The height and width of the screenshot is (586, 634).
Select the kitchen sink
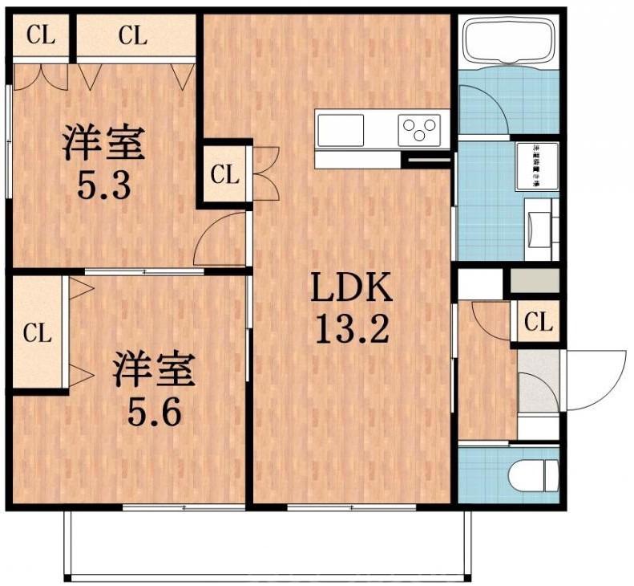(341, 128)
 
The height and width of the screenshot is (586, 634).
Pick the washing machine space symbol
(535, 166)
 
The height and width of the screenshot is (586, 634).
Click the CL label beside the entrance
(539, 324)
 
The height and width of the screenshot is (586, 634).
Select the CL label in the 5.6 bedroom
(37, 332)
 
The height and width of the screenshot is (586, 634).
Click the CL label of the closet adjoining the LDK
(225, 174)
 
